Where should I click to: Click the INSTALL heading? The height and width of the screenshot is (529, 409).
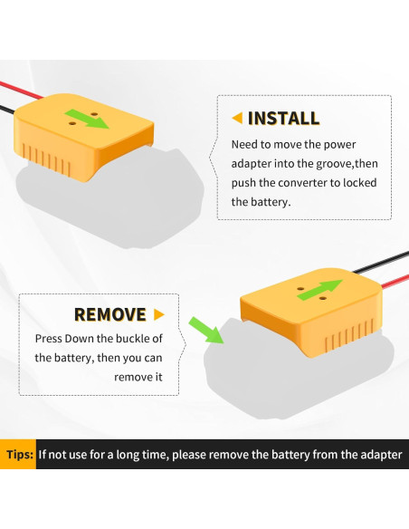(x=283, y=118)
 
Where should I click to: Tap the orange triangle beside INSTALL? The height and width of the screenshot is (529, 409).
(x=237, y=118)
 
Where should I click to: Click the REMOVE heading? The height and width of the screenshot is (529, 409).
(x=109, y=314)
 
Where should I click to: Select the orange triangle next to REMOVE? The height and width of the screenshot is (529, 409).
(x=159, y=314)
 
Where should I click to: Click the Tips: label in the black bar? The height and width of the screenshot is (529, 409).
(x=19, y=455)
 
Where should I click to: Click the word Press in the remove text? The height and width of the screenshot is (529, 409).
(x=51, y=339)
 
